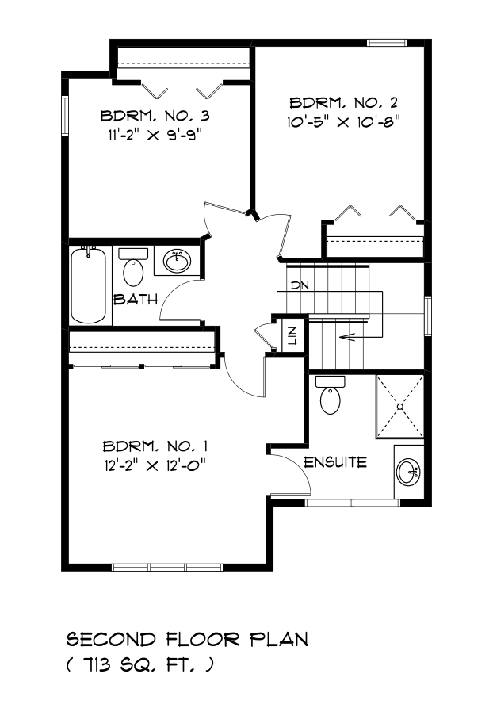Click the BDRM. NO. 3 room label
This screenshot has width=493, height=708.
155,116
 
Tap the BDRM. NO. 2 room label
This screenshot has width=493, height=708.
343,103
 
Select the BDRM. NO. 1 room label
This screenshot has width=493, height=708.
155,446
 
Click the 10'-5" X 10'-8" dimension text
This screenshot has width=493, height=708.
343,121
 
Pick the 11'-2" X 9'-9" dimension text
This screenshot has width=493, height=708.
155,135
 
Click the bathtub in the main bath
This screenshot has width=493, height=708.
89,285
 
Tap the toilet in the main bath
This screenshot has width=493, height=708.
133,267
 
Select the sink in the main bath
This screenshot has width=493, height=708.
177,261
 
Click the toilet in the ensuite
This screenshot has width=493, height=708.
331,395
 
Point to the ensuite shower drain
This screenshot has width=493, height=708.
399,407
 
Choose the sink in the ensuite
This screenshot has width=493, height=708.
409,472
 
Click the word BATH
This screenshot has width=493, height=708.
136,299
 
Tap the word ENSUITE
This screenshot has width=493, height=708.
335,462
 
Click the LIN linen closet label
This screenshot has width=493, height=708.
292,336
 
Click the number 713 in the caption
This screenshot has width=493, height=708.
97,664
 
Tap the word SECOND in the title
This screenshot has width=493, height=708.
111,639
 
